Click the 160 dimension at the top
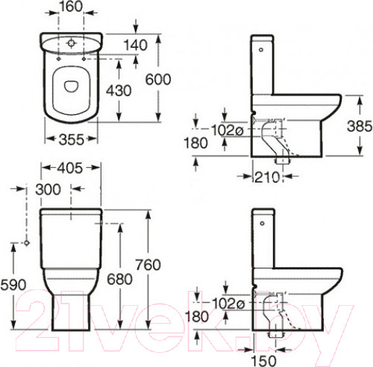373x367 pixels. (71, 7)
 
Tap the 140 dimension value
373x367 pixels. (136, 46)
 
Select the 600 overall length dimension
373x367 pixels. (158, 80)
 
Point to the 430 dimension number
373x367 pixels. (119, 90)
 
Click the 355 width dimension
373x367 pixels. (72, 139)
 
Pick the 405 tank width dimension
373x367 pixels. (69, 168)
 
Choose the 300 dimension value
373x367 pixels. (48, 189)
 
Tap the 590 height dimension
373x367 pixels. (13, 285)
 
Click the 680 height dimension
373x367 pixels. (119, 279)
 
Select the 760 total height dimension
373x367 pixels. (148, 265)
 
